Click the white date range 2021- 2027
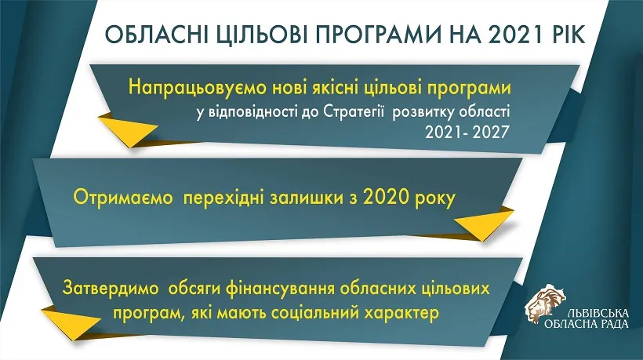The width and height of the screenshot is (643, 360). tap(467, 132)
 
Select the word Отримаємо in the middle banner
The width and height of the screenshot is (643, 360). tap(123, 198)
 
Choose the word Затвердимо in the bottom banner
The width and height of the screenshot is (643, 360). tap(111, 289)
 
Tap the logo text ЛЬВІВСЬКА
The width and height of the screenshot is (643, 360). tap(598, 314)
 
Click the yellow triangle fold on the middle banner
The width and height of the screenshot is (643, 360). tap(484, 224)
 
